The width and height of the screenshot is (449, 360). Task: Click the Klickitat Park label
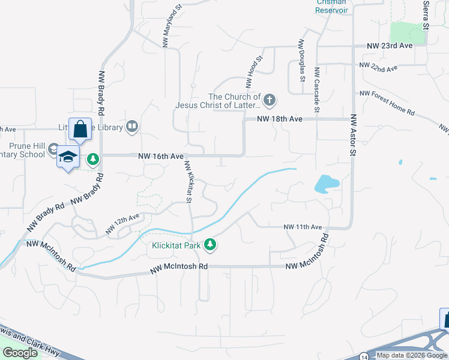175,245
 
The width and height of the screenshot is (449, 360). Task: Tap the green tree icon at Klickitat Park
209,245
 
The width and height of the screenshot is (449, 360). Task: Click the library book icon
131,127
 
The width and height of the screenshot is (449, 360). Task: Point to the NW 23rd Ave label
390,46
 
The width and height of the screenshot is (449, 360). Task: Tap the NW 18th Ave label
280,119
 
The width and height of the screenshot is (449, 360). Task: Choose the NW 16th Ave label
160,156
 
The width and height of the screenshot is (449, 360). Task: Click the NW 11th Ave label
303,227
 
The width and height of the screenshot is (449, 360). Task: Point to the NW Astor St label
354,136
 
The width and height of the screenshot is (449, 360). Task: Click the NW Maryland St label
171,27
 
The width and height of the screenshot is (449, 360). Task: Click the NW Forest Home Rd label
387,103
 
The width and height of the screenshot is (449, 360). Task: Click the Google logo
20,353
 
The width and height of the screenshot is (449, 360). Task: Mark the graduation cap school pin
68,157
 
